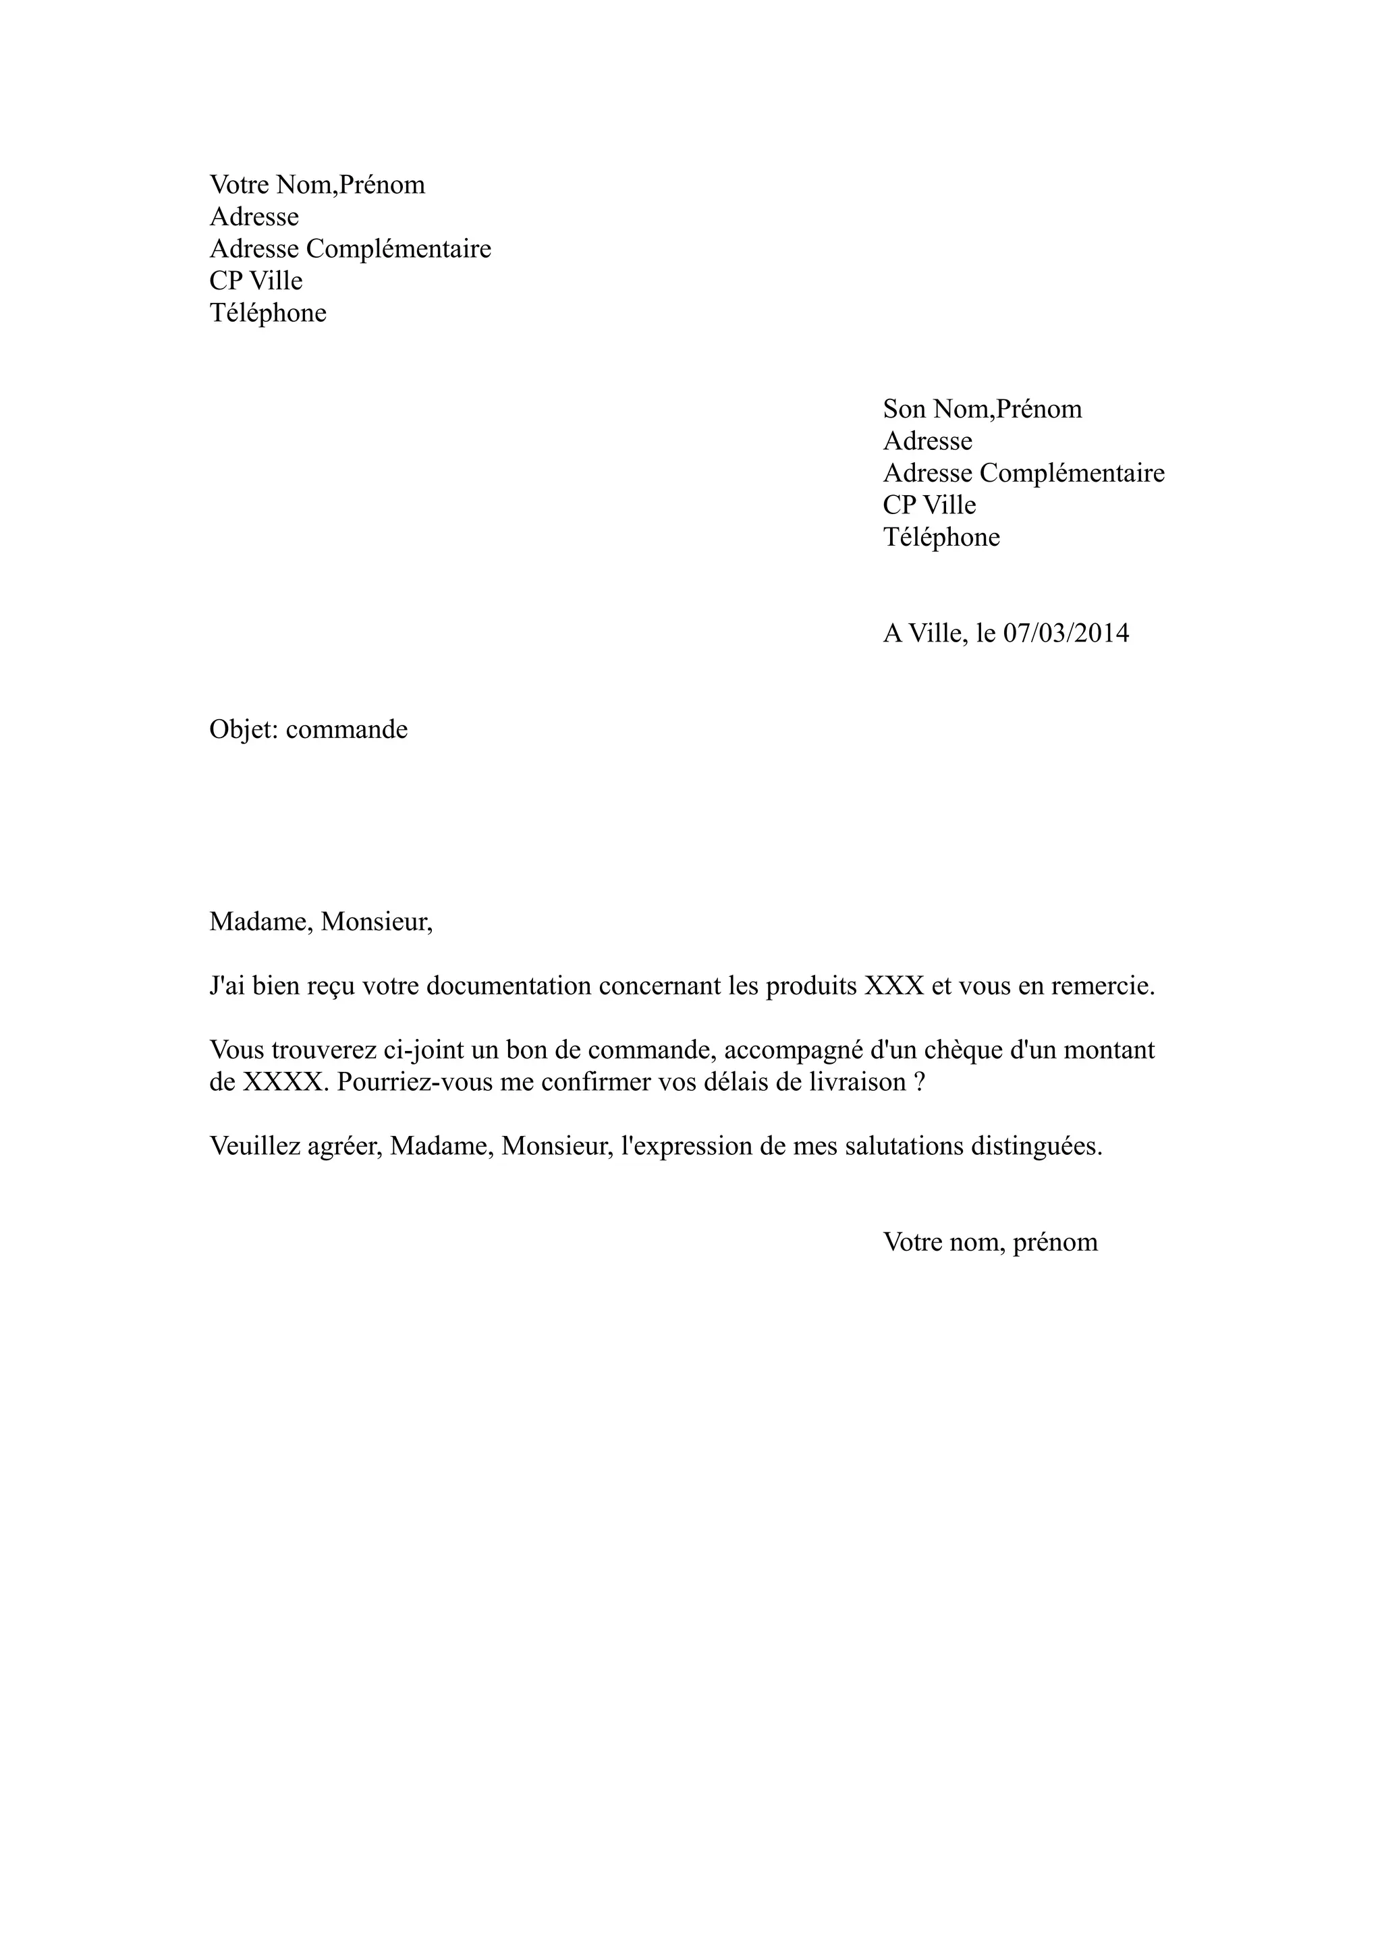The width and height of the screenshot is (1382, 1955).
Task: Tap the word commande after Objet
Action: [x=347, y=730]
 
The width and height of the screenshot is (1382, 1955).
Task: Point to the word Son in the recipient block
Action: [x=904, y=409]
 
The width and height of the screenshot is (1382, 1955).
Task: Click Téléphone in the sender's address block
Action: [x=268, y=313]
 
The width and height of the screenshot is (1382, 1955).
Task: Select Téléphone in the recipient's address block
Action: [x=942, y=537]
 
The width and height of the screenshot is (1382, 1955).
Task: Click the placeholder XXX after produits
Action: [x=894, y=986]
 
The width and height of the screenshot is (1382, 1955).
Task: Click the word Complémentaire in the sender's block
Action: [x=399, y=250]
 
